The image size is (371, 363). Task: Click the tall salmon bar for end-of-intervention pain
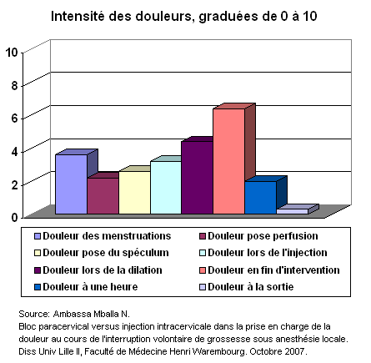pos(229,161)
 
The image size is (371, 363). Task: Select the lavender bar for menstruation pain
pos(72,184)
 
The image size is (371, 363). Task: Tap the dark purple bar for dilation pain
pos(198,178)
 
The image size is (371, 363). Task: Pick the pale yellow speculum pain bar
pos(134,193)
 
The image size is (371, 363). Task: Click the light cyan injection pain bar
pos(166,188)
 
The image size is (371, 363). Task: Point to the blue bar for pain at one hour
pos(261,198)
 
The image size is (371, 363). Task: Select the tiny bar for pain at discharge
pos(293,211)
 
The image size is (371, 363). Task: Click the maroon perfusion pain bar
pos(103,196)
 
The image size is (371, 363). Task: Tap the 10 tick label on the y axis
pos(12,52)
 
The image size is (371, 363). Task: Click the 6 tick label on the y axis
pos(14,118)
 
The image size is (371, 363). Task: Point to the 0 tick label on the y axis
pos(14,217)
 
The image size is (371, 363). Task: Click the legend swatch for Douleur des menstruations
pos(38,236)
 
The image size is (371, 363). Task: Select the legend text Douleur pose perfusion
pos(263,236)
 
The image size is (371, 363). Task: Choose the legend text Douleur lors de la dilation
pos(103,270)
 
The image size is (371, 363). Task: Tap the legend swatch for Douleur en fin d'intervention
pos(203,270)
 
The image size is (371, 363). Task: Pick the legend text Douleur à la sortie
pos(251,287)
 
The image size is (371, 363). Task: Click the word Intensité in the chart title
pos(78,17)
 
